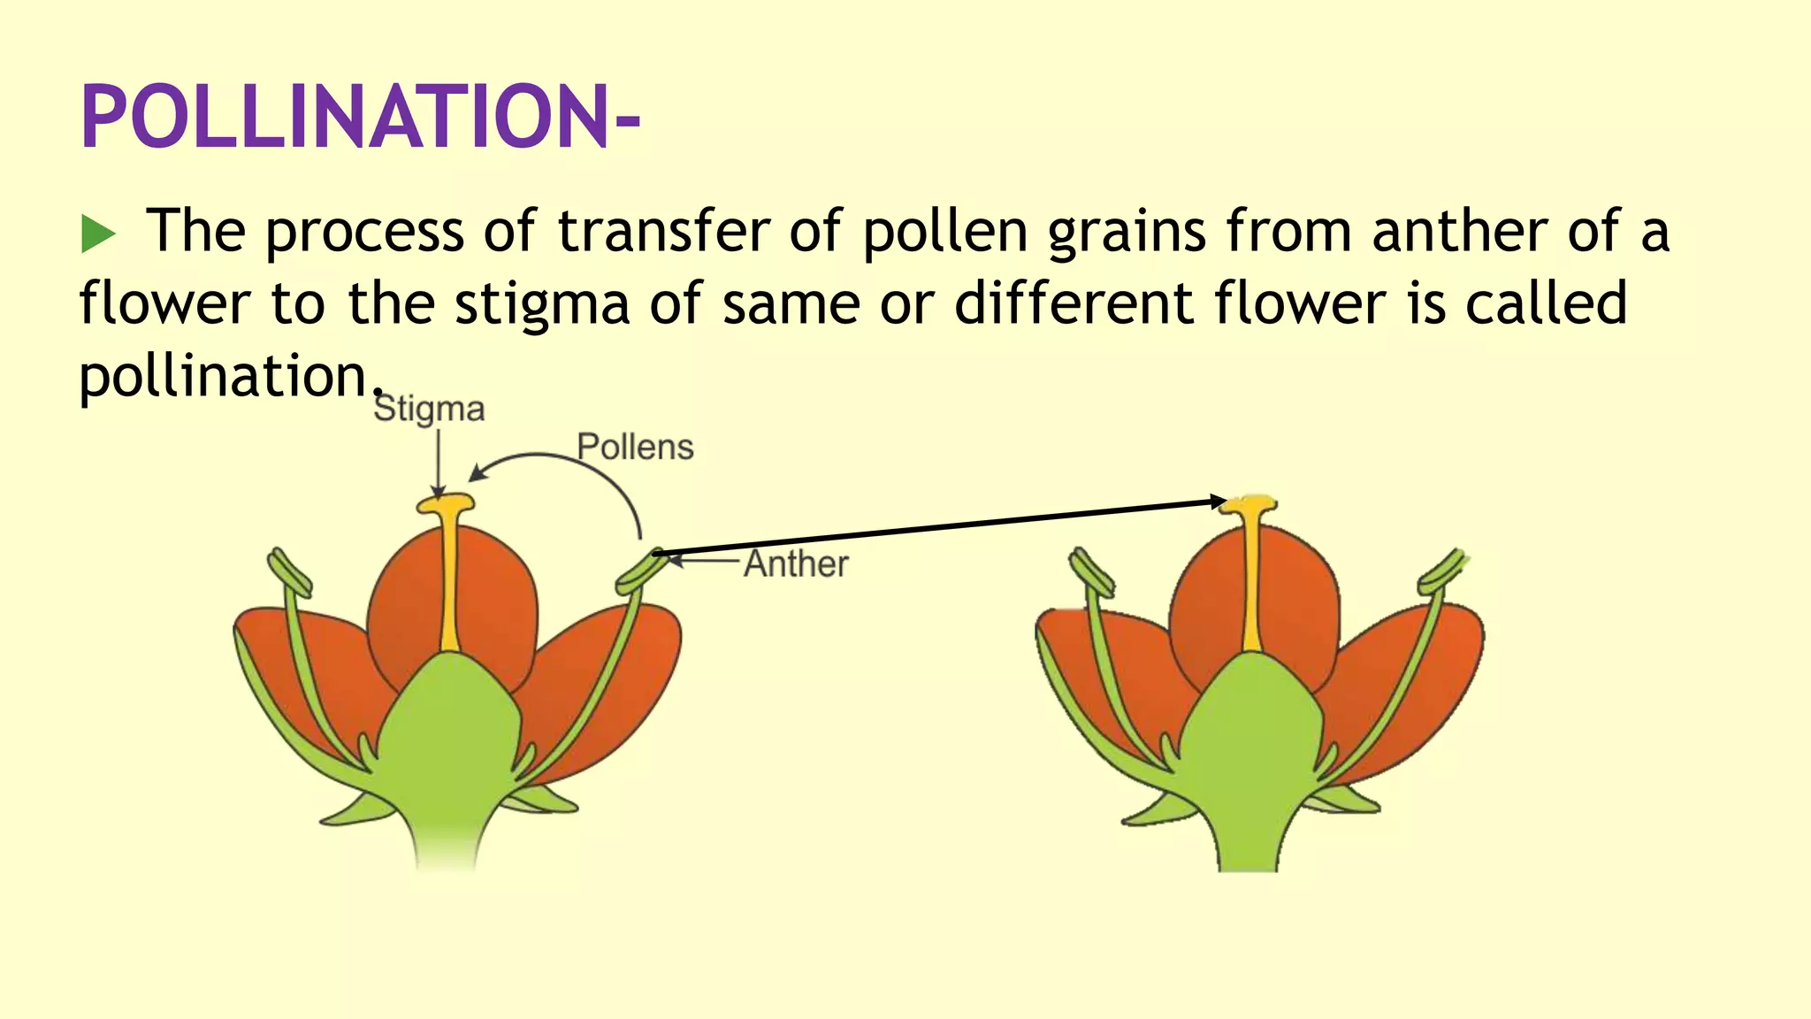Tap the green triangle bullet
(x=97, y=234)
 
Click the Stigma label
(x=429, y=410)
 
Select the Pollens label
(x=635, y=448)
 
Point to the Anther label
(x=796, y=564)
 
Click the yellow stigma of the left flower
(x=447, y=505)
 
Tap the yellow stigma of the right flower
(x=1249, y=505)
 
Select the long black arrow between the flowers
(x=937, y=528)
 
